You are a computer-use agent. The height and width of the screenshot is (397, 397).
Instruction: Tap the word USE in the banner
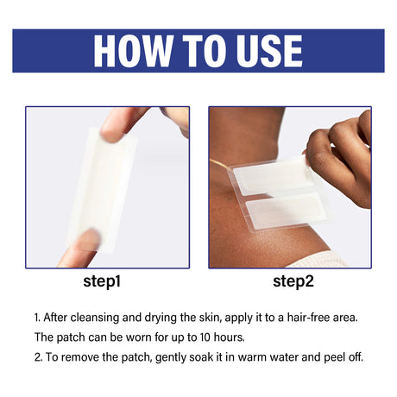pyautogui.click(x=269, y=51)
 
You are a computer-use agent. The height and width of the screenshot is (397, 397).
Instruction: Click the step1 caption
pyautogui.click(x=102, y=281)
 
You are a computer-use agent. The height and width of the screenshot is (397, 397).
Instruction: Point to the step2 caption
pyautogui.click(x=293, y=281)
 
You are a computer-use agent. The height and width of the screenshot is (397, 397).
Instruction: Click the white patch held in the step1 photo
pyautogui.click(x=102, y=190)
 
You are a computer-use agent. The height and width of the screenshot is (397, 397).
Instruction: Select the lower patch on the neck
pyautogui.click(x=287, y=211)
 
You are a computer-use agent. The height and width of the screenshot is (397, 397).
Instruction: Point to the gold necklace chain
pyautogui.click(x=221, y=165)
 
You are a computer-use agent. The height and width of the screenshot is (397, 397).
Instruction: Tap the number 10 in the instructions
pyautogui.click(x=205, y=337)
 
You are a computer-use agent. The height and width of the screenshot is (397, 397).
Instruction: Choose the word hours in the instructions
pyautogui.click(x=229, y=337)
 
